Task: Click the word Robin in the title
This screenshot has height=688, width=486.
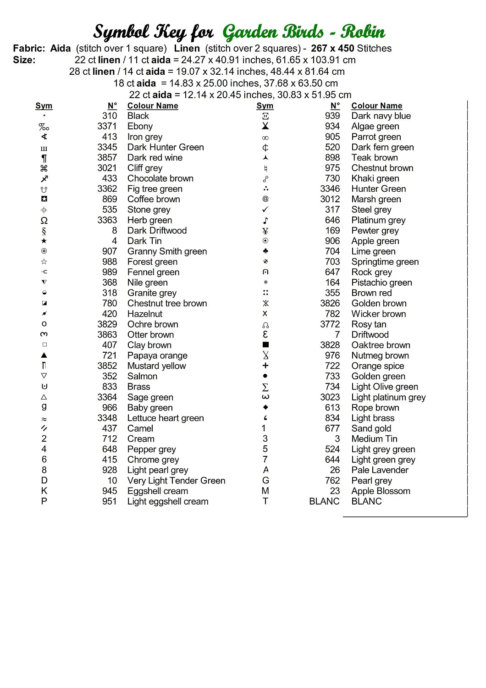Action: (x=362, y=32)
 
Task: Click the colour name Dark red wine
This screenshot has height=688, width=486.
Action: (x=155, y=158)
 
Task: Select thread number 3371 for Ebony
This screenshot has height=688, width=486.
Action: (x=107, y=127)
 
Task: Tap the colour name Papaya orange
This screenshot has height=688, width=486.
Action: (x=157, y=356)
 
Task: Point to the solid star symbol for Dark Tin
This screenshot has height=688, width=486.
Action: (x=44, y=241)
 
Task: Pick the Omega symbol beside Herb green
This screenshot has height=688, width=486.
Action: (x=44, y=221)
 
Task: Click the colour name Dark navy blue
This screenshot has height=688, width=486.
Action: (x=381, y=116)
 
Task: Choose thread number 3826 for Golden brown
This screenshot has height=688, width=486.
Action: (x=330, y=304)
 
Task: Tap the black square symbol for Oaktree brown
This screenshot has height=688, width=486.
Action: (x=265, y=345)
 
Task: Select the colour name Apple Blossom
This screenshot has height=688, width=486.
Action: (x=381, y=491)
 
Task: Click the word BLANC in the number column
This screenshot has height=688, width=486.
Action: (x=324, y=501)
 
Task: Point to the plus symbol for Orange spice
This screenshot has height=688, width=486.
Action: (x=265, y=366)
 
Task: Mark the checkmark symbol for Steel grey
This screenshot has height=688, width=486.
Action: (x=265, y=210)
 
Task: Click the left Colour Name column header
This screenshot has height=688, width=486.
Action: (x=153, y=106)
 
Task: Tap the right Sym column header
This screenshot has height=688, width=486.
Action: (x=265, y=106)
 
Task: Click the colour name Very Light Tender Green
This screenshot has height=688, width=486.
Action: (x=176, y=481)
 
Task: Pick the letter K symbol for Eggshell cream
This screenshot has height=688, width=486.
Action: (x=44, y=491)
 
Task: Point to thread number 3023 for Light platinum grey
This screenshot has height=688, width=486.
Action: (x=330, y=397)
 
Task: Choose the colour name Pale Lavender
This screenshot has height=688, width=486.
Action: (x=380, y=470)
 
